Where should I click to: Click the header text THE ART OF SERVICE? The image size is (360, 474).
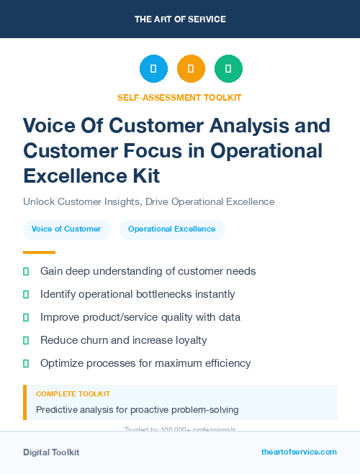tap(179, 19)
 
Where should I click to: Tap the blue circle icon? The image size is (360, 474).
tap(153, 69)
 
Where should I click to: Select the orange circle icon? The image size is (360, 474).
tap(191, 69)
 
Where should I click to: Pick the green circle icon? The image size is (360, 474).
tap(228, 69)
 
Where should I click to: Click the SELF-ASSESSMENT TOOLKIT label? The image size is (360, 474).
tap(179, 97)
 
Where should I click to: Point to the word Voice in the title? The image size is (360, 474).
tap(46, 126)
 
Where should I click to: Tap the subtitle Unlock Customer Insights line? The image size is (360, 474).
tap(148, 201)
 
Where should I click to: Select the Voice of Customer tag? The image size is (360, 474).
tap(66, 229)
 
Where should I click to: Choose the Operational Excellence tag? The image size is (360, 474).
tap(171, 229)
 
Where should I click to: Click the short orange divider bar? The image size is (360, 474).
tap(39, 252)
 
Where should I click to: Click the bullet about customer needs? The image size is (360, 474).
tap(148, 271)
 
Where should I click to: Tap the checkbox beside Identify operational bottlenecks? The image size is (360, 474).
tap(26, 294)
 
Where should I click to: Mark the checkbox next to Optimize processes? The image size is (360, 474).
tap(26, 363)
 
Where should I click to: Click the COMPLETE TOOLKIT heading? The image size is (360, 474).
tap(73, 394)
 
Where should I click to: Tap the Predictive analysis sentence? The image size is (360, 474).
tap(137, 410)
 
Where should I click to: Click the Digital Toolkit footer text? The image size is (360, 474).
tap(51, 452)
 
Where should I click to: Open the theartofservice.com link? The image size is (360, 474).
tap(299, 452)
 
